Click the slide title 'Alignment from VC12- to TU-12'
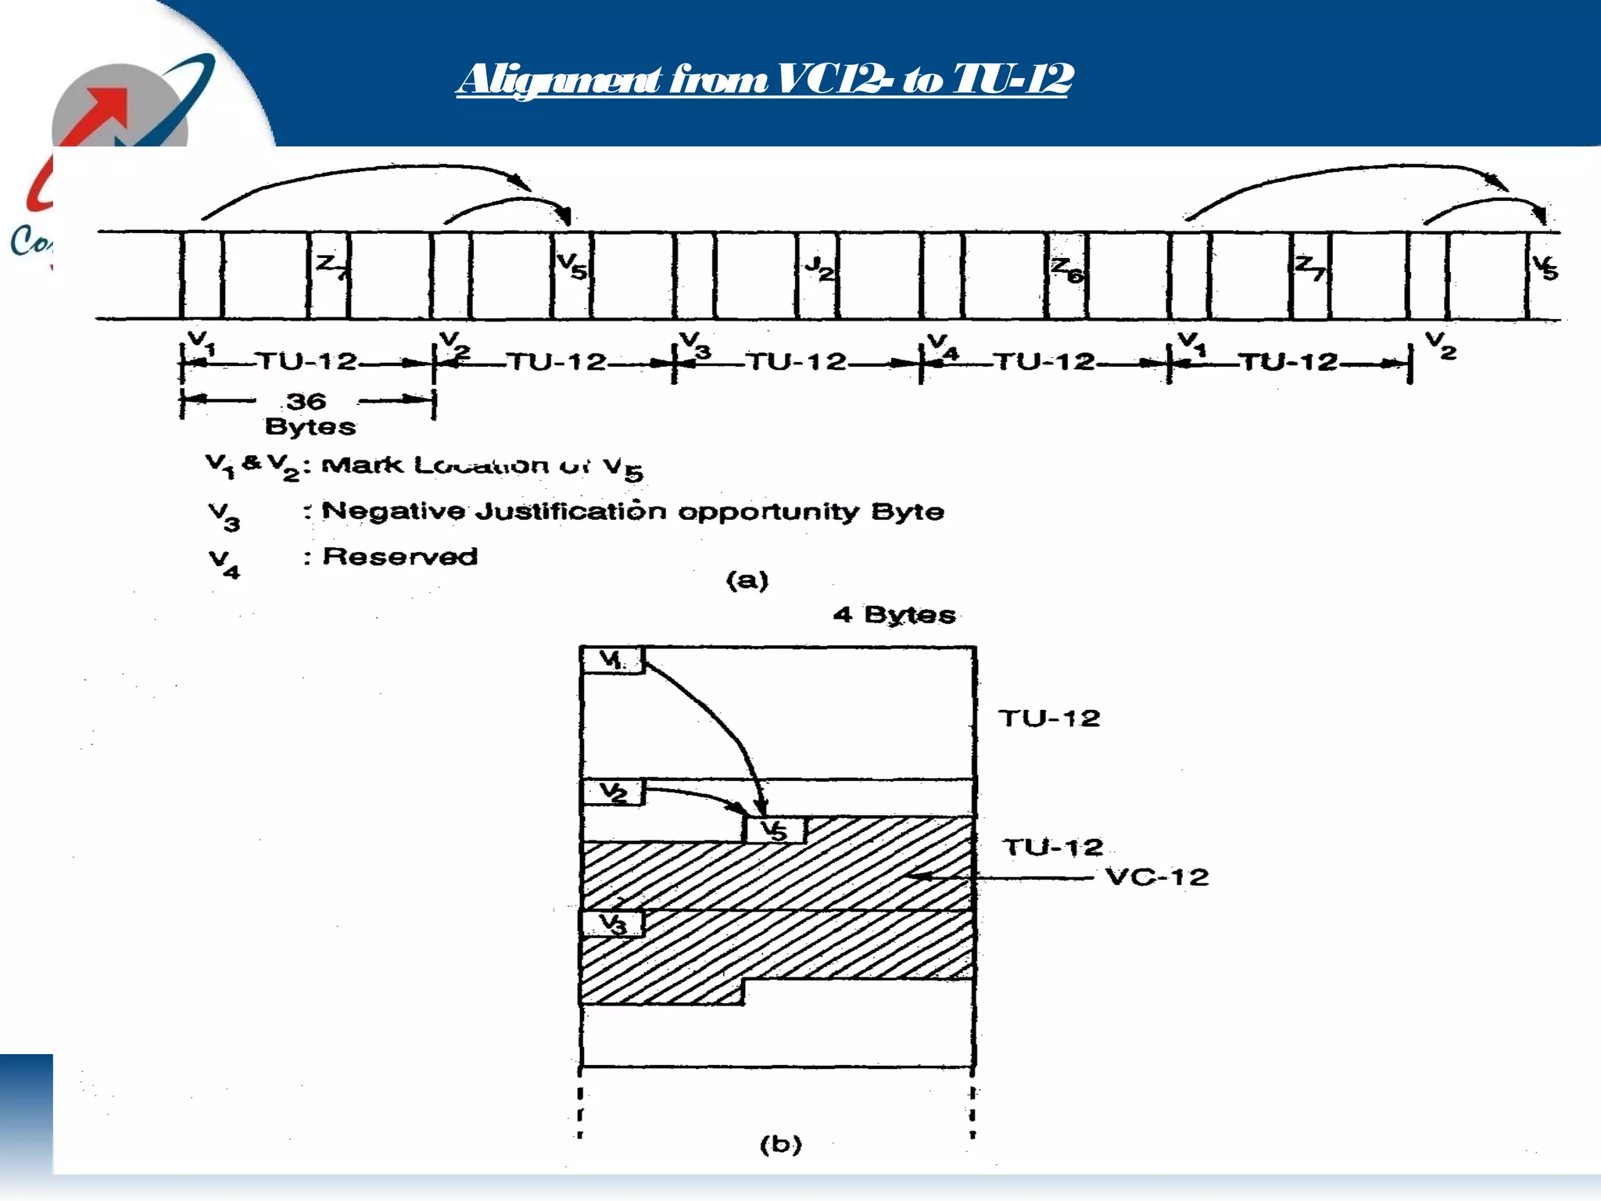[x=765, y=80]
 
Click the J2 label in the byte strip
[x=818, y=267]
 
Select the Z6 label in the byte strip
[x=1067, y=269]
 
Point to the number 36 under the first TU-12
[x=306, y=401]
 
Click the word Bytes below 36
[x=310, y=427]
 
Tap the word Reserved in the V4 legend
[x=399, y=557]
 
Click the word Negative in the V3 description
[x=393, y=511]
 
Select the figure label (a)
[x=747, y=580]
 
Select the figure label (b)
[x=780, y=1145]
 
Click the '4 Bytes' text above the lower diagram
[x=894, y=615]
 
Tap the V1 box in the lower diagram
[x=612, y=660]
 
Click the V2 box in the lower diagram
[x=613, y=793]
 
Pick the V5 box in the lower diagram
[x=775, y=830]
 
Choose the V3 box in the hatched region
[x=613, y=924]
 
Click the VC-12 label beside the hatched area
[x=1157, y=877]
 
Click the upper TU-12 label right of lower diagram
[x=1049, y=719]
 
